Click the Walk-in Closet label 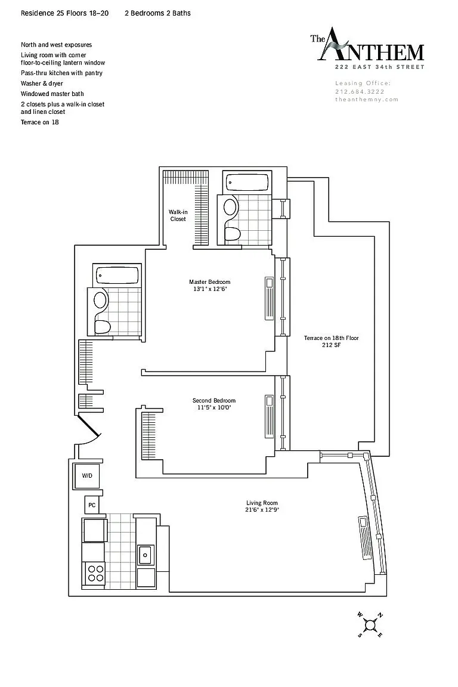coord(178,215)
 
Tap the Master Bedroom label coord(209,285)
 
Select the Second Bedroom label coord(214,404)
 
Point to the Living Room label coord(262,506)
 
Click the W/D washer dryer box coord(87,475)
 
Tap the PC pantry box coord(92,505)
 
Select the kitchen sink coord(145,555)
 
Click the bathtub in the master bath coord(247,182)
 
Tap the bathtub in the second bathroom coord(117,276)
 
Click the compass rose coord(370,625)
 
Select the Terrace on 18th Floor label coord(332,341)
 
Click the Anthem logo coord(367,48)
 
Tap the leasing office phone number coord(360,92)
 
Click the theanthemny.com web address coord(367,100)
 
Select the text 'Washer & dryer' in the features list coord(42,83)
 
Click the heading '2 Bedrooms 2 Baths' coord(158,13)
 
